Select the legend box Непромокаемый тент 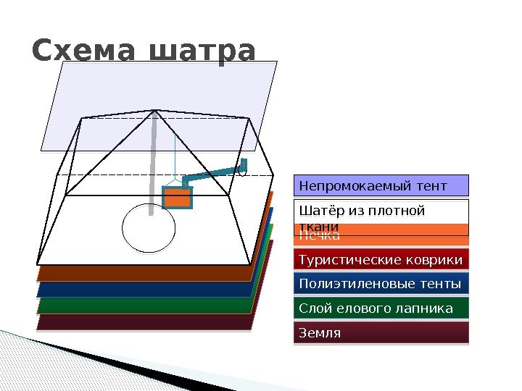(381, 185)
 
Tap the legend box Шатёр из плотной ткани (381, 213)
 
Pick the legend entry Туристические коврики (381, 260)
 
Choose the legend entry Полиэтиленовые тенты (381, 284)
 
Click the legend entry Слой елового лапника (381, 308)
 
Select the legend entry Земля (381, 333)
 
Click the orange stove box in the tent (177, 198)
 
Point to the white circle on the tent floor (149, 227)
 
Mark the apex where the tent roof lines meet (155, 111)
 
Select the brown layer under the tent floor (145, 273)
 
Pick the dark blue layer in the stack (145, 290)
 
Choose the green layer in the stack (145, 306)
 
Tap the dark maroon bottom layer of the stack (145, 322)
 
